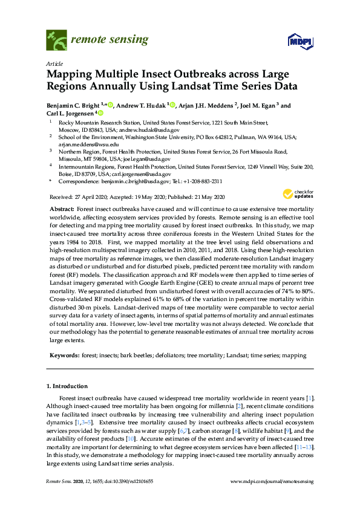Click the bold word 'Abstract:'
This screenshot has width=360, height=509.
point(62,208)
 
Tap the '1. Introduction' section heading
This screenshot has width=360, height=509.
point(67,385)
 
